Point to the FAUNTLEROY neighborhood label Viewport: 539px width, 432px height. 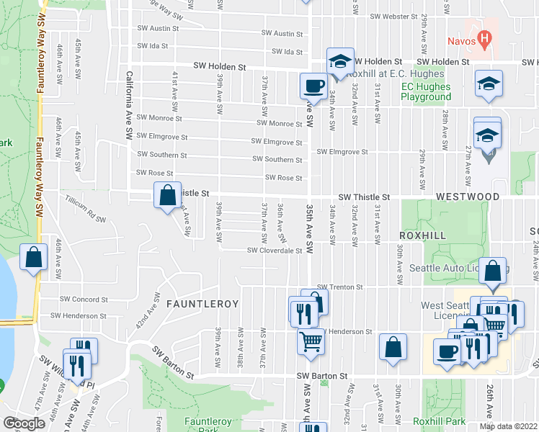(202, 305)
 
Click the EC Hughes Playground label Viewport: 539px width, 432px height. (426, 91)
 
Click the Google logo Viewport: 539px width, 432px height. (24, 423)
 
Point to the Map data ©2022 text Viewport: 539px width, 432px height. (508, 426)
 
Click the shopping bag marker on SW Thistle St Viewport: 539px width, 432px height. (167, 195)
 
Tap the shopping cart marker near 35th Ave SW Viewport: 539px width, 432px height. (311, 341)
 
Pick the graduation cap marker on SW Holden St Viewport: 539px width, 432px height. (340, 62)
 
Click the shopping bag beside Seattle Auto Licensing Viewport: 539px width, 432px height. (493, 271)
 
